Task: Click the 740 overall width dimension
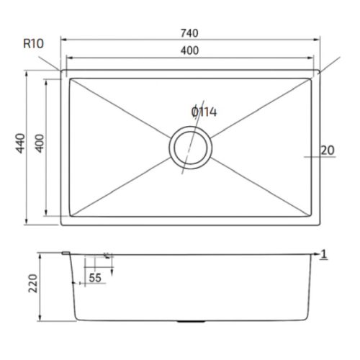tap(190, 32)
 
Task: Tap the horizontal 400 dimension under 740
tap(190, 50)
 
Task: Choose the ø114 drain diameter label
tap(204, 112)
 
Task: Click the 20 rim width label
tap(327, 150)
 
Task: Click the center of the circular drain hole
tap(190, 148)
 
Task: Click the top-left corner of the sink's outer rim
tap(60, 71)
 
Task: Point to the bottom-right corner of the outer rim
tap(320, 225)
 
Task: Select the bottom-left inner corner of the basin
tap(69, 216)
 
